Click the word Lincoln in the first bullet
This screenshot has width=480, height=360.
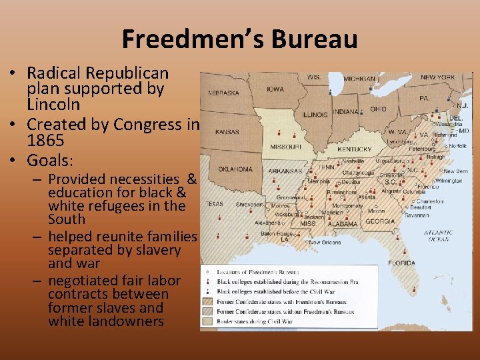53,105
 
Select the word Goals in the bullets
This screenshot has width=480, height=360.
49,160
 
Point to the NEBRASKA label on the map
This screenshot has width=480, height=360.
224,93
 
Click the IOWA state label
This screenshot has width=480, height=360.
275,89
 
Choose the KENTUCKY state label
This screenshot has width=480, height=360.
354,149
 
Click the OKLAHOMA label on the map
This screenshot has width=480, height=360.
235,169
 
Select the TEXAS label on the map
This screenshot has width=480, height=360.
214,203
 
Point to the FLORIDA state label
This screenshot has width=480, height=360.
401,263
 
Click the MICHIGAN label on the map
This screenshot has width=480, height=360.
359,79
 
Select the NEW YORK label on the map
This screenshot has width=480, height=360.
437,77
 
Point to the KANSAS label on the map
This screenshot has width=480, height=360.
227,132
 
